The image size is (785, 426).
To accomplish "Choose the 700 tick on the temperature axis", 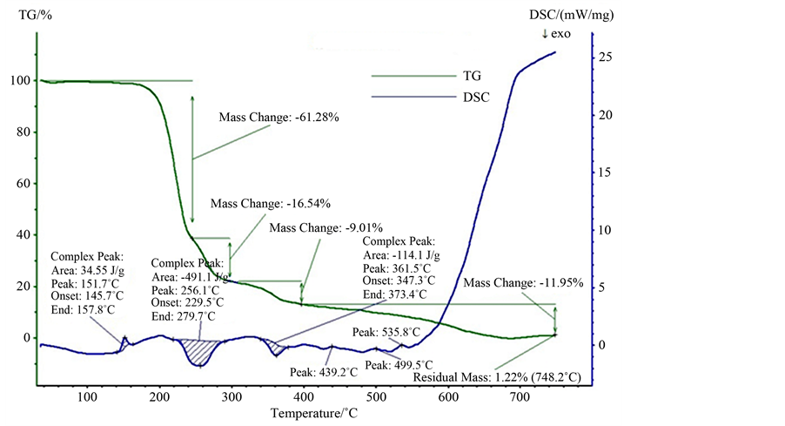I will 521,398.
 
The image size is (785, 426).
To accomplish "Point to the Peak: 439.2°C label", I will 324,372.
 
